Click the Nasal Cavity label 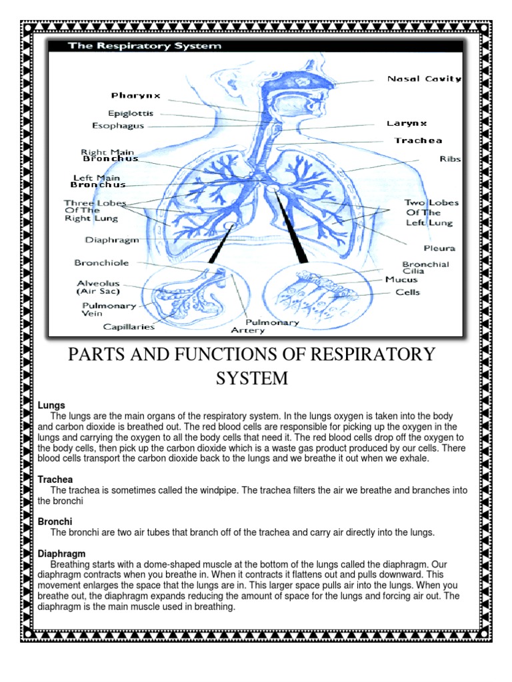click(424, 79)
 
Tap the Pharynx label click(136, 96)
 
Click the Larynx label click(407, 124)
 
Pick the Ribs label click(450, 159)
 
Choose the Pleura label click(440, 248)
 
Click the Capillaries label click(129, 326)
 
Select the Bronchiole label click(101, 263)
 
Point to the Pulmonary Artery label click(265, 326)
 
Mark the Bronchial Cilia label click(425, 268)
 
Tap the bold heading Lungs click(51, 405)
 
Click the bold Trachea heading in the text click(55, 480)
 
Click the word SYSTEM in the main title click(251, 378)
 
